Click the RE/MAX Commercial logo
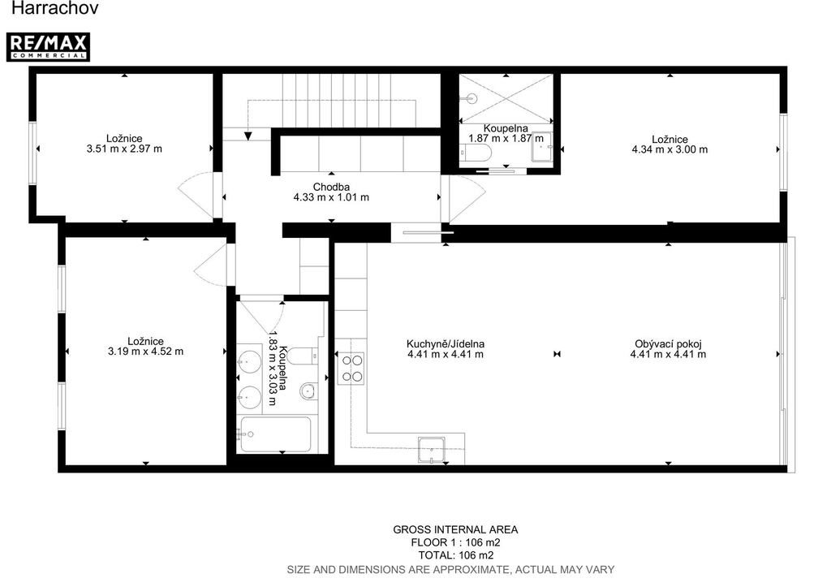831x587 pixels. pyautogui.click(x=48, y=47)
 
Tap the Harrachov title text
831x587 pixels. pyautogui.click(x=54, y=8)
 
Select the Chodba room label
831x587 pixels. pyautogui.click(x=331, y=187)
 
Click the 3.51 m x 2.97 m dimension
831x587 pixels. pyautogui.click(x=124, y=149)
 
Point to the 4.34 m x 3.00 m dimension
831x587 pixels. pyautogui.click(x=670, y=149)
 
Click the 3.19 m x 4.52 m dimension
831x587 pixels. pyautogui.click(x=146, y=351)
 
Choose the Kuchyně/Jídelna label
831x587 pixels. pyautogui.click(x=446, y=343)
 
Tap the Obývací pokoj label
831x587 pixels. pyautogui.click(x=669, y=343)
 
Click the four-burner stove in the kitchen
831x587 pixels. pyautogui.click(x=351, y=369)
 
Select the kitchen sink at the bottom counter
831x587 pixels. pyautogui.click(x=432, y=450)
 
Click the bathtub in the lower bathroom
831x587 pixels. pyautogui.click(x=276, y=434)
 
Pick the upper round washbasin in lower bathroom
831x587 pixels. pyautogui.click(x=249, y=362)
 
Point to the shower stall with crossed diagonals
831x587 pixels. pyautogui.click(x=506, y=98)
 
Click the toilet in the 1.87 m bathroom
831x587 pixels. pyautogui.click(x=476, y=153)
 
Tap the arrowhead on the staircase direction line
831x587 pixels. pyautogui.click(x=248, y=136)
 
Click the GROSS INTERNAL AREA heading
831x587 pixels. pyautogui.click(x=455, y=529)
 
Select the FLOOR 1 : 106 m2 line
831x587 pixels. pyautogui.click(x=456, y=542)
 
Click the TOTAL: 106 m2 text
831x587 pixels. pyautogui.click(x=456, y=555)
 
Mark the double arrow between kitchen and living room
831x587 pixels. pyautogui.click(x=557, y=354)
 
